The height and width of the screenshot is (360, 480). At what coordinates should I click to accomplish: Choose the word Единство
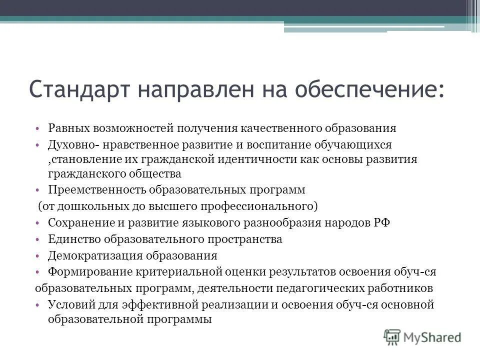pos(70,239)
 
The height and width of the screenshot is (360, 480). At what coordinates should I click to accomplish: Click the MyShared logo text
pos(433,337)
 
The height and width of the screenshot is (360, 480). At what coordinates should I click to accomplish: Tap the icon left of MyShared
pos(392,337)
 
